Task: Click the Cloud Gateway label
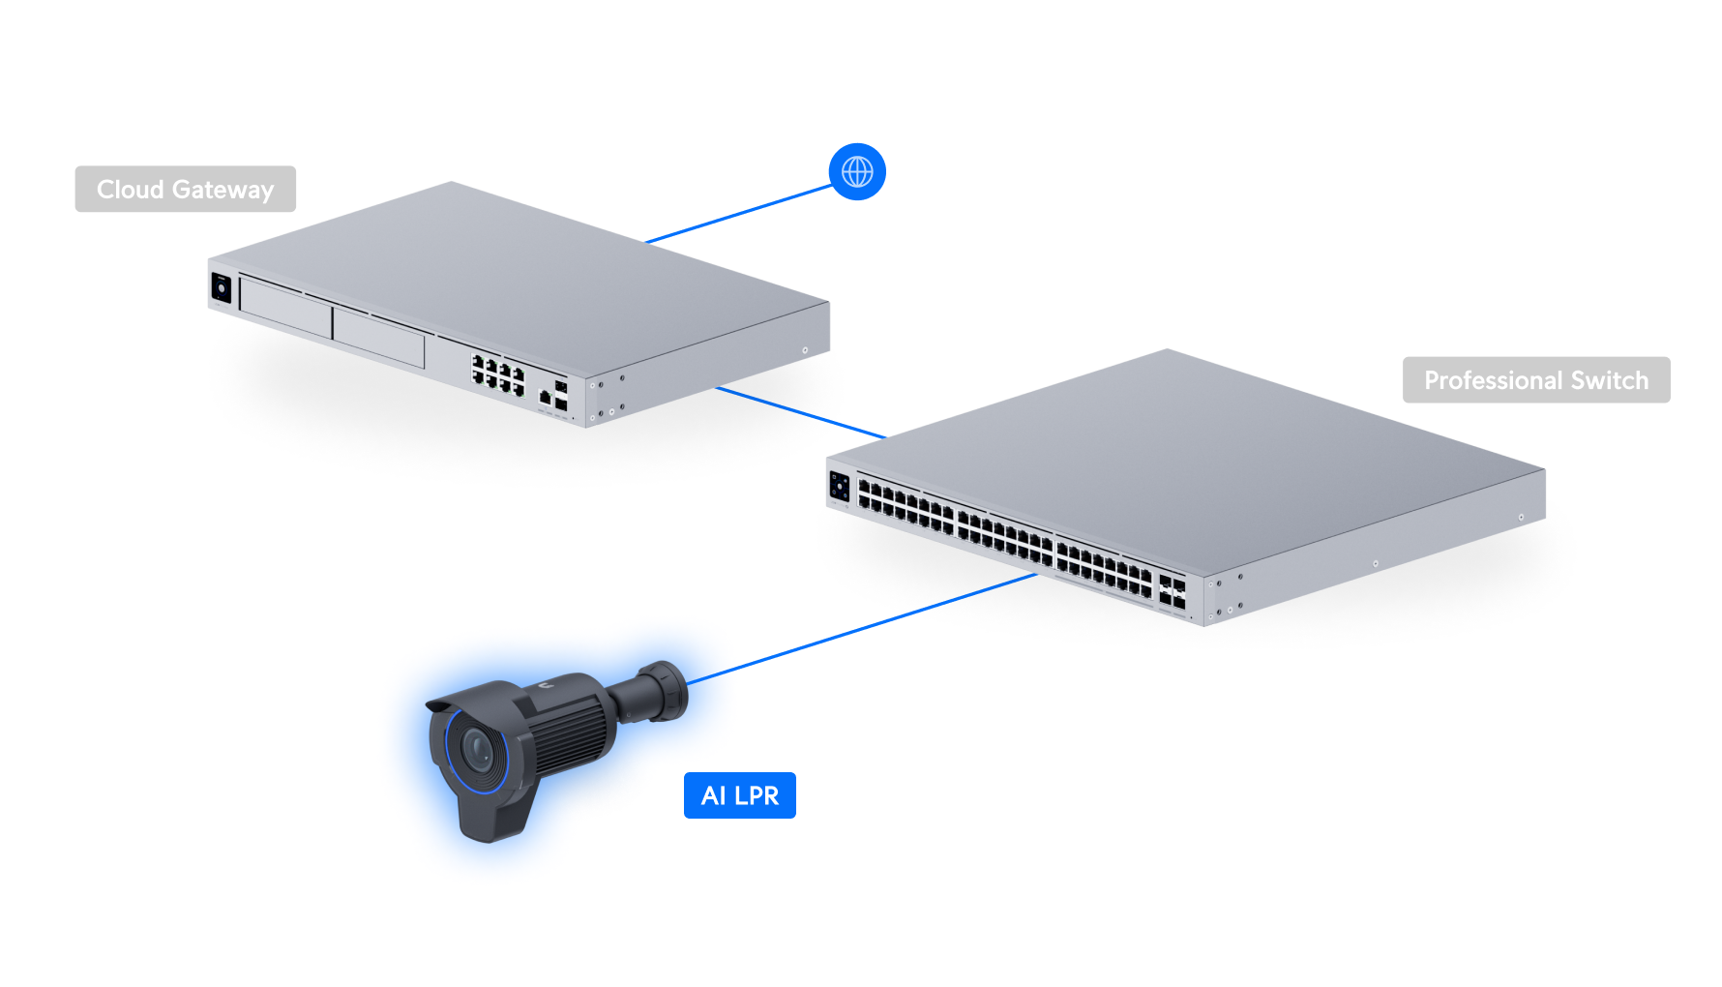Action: point(185,189)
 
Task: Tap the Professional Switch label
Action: point(1535,380)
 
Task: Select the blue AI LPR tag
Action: point(739,795)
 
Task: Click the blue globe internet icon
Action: point(857,172)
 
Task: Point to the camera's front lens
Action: point(477,749)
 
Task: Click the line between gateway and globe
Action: point(740,214)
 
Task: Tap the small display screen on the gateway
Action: point(222,287)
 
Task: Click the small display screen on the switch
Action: point(839,486)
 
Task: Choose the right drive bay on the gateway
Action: point(378,338)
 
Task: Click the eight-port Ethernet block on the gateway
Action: point(497,374)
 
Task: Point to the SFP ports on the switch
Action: point(1172,592)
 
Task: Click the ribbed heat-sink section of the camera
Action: point(571,735)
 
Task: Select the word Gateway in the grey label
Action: point(223,190)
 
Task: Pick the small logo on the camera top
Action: point(547,685)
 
